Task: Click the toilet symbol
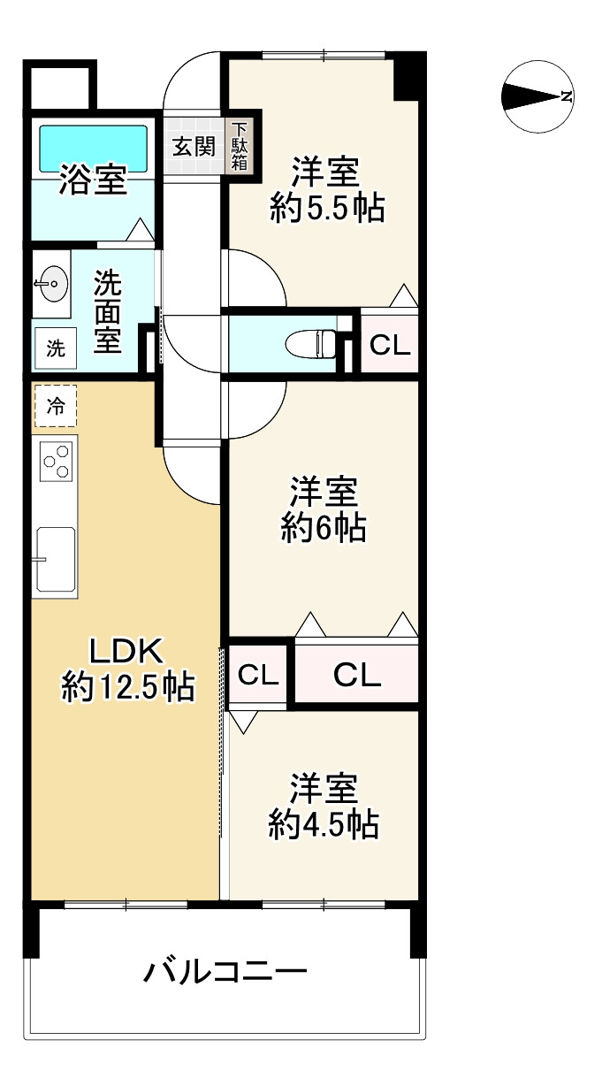310,344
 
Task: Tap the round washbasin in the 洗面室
51,284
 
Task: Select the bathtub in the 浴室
93,149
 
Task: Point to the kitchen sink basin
56,560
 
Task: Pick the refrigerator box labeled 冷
56,406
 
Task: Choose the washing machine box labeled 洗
56,348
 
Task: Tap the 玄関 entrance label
194,146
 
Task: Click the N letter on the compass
565,96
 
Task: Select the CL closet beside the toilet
390,344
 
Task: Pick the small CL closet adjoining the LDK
258,674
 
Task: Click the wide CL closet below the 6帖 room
357,673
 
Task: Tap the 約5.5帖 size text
328,209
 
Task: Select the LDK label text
127,652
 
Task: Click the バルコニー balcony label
225,971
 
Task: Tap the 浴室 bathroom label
93,180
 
